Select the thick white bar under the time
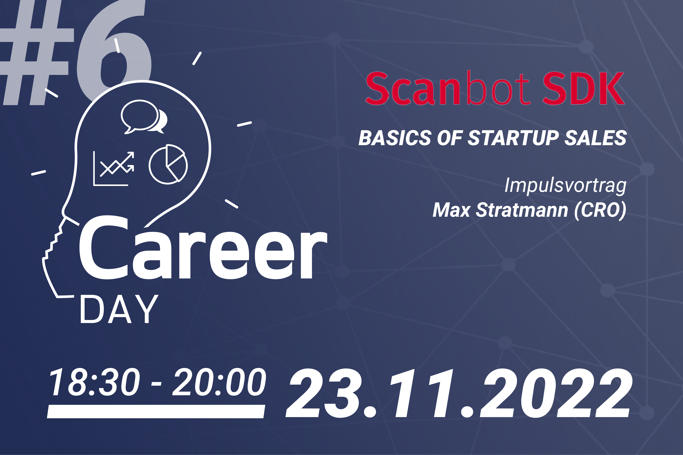[156, 411]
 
